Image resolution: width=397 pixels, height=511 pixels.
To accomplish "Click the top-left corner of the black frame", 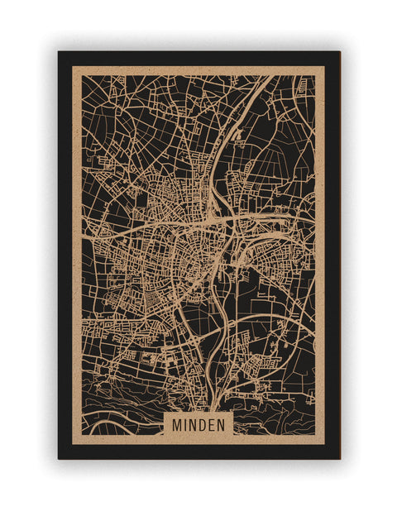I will pyautogui.click(x=59, y=52).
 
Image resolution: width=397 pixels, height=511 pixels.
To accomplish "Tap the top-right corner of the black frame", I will pyautogui.click(x=339, y=52).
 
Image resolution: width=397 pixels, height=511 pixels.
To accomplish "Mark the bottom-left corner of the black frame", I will pyautogui.click(x=59, y=458).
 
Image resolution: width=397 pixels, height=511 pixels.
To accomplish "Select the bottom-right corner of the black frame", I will pyautogui.click(x=339, y=458).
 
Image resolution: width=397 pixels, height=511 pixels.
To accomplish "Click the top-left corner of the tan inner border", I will pyautogui.click(x=73, y=67).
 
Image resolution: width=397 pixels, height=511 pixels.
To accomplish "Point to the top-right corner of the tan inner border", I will pyautogui.click(x=324, y=67).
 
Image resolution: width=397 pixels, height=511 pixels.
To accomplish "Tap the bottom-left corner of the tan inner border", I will pyautogui.click(x=73, y=444).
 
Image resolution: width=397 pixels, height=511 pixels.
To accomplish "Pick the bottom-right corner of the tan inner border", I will pyautogui.click(x=324, y=444).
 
